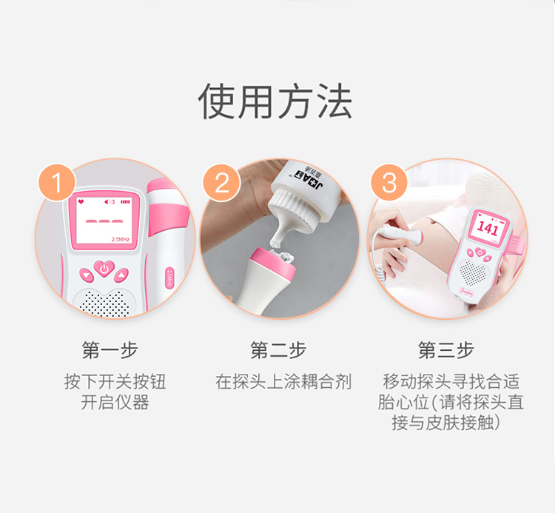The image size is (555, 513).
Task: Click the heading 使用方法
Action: [x=275, y=101]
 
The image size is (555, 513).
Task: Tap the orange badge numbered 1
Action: [x=57, y=182]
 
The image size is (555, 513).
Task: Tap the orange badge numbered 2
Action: [x=221, y=183]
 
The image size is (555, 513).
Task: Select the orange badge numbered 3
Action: [x=389, y=183]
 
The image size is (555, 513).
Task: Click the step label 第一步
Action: [x=110, y=350]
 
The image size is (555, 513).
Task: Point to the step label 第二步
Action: [x=277, y=350]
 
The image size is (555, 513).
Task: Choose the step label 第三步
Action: [x=446, y=350]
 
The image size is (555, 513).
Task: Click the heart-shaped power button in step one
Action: [x=104, y=269]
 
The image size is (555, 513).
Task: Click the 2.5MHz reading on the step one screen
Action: [x=121, y=239]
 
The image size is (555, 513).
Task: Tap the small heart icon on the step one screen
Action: [x=81, y=201]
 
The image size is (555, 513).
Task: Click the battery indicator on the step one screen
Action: [x=125, y=202]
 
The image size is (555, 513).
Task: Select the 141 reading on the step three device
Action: [x=488, y=228]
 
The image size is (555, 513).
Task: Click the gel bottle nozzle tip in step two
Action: [x=276, y=244]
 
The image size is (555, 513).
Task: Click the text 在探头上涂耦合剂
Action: [x=283, y=382]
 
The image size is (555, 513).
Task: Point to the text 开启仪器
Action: [x=115, y=403]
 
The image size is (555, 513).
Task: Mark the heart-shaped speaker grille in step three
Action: [x=473, y=272]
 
